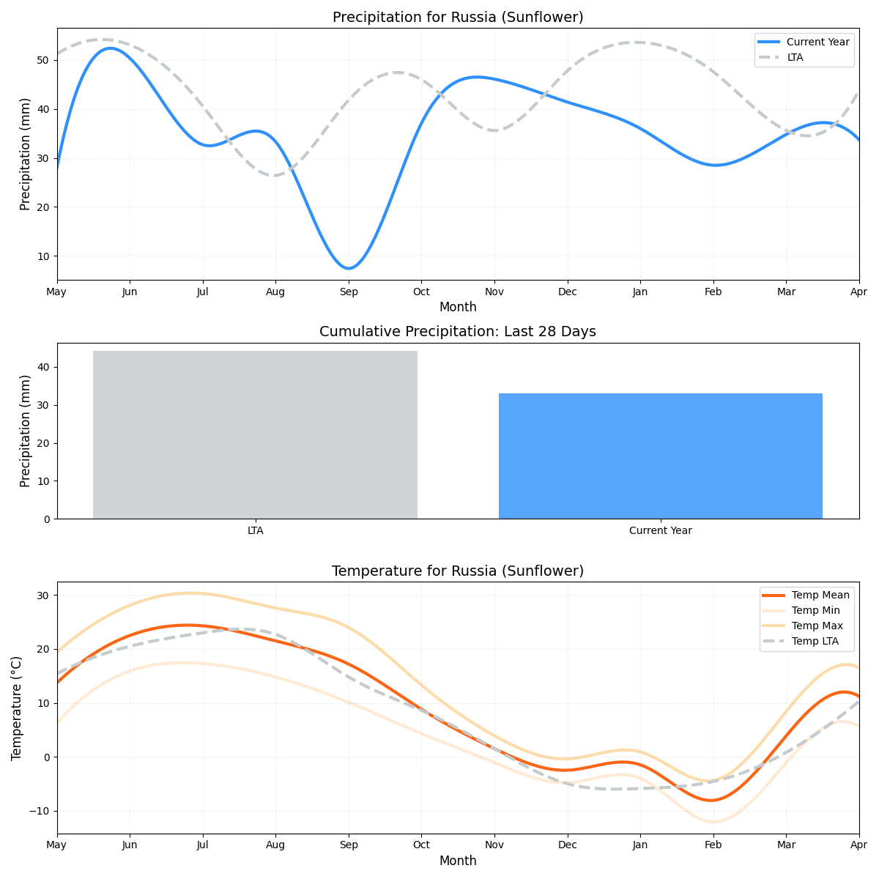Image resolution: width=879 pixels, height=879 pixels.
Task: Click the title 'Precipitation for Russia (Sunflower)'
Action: click(458, 17)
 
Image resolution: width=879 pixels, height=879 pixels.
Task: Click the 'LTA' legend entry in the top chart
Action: click(795, 57)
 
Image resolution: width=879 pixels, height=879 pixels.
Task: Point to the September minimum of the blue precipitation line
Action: click(349, 268)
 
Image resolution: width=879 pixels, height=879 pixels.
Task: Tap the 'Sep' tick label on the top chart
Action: click(349, 292)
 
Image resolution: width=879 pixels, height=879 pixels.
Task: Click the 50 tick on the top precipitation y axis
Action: click(43, 59)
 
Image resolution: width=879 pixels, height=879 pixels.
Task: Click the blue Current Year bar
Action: click(660, 456)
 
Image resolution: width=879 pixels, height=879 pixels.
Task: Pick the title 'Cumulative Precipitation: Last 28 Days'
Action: click(458, 332)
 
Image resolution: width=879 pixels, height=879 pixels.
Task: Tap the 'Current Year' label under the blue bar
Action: click(660, 531)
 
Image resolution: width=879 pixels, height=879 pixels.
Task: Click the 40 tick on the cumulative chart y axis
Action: click(43, 367)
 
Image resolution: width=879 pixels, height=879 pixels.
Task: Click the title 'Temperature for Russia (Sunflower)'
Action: click(458, 571)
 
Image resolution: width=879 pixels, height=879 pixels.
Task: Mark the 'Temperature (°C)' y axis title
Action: click(17, 708)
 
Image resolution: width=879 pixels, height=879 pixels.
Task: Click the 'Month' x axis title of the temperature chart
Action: click(458, 861)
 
